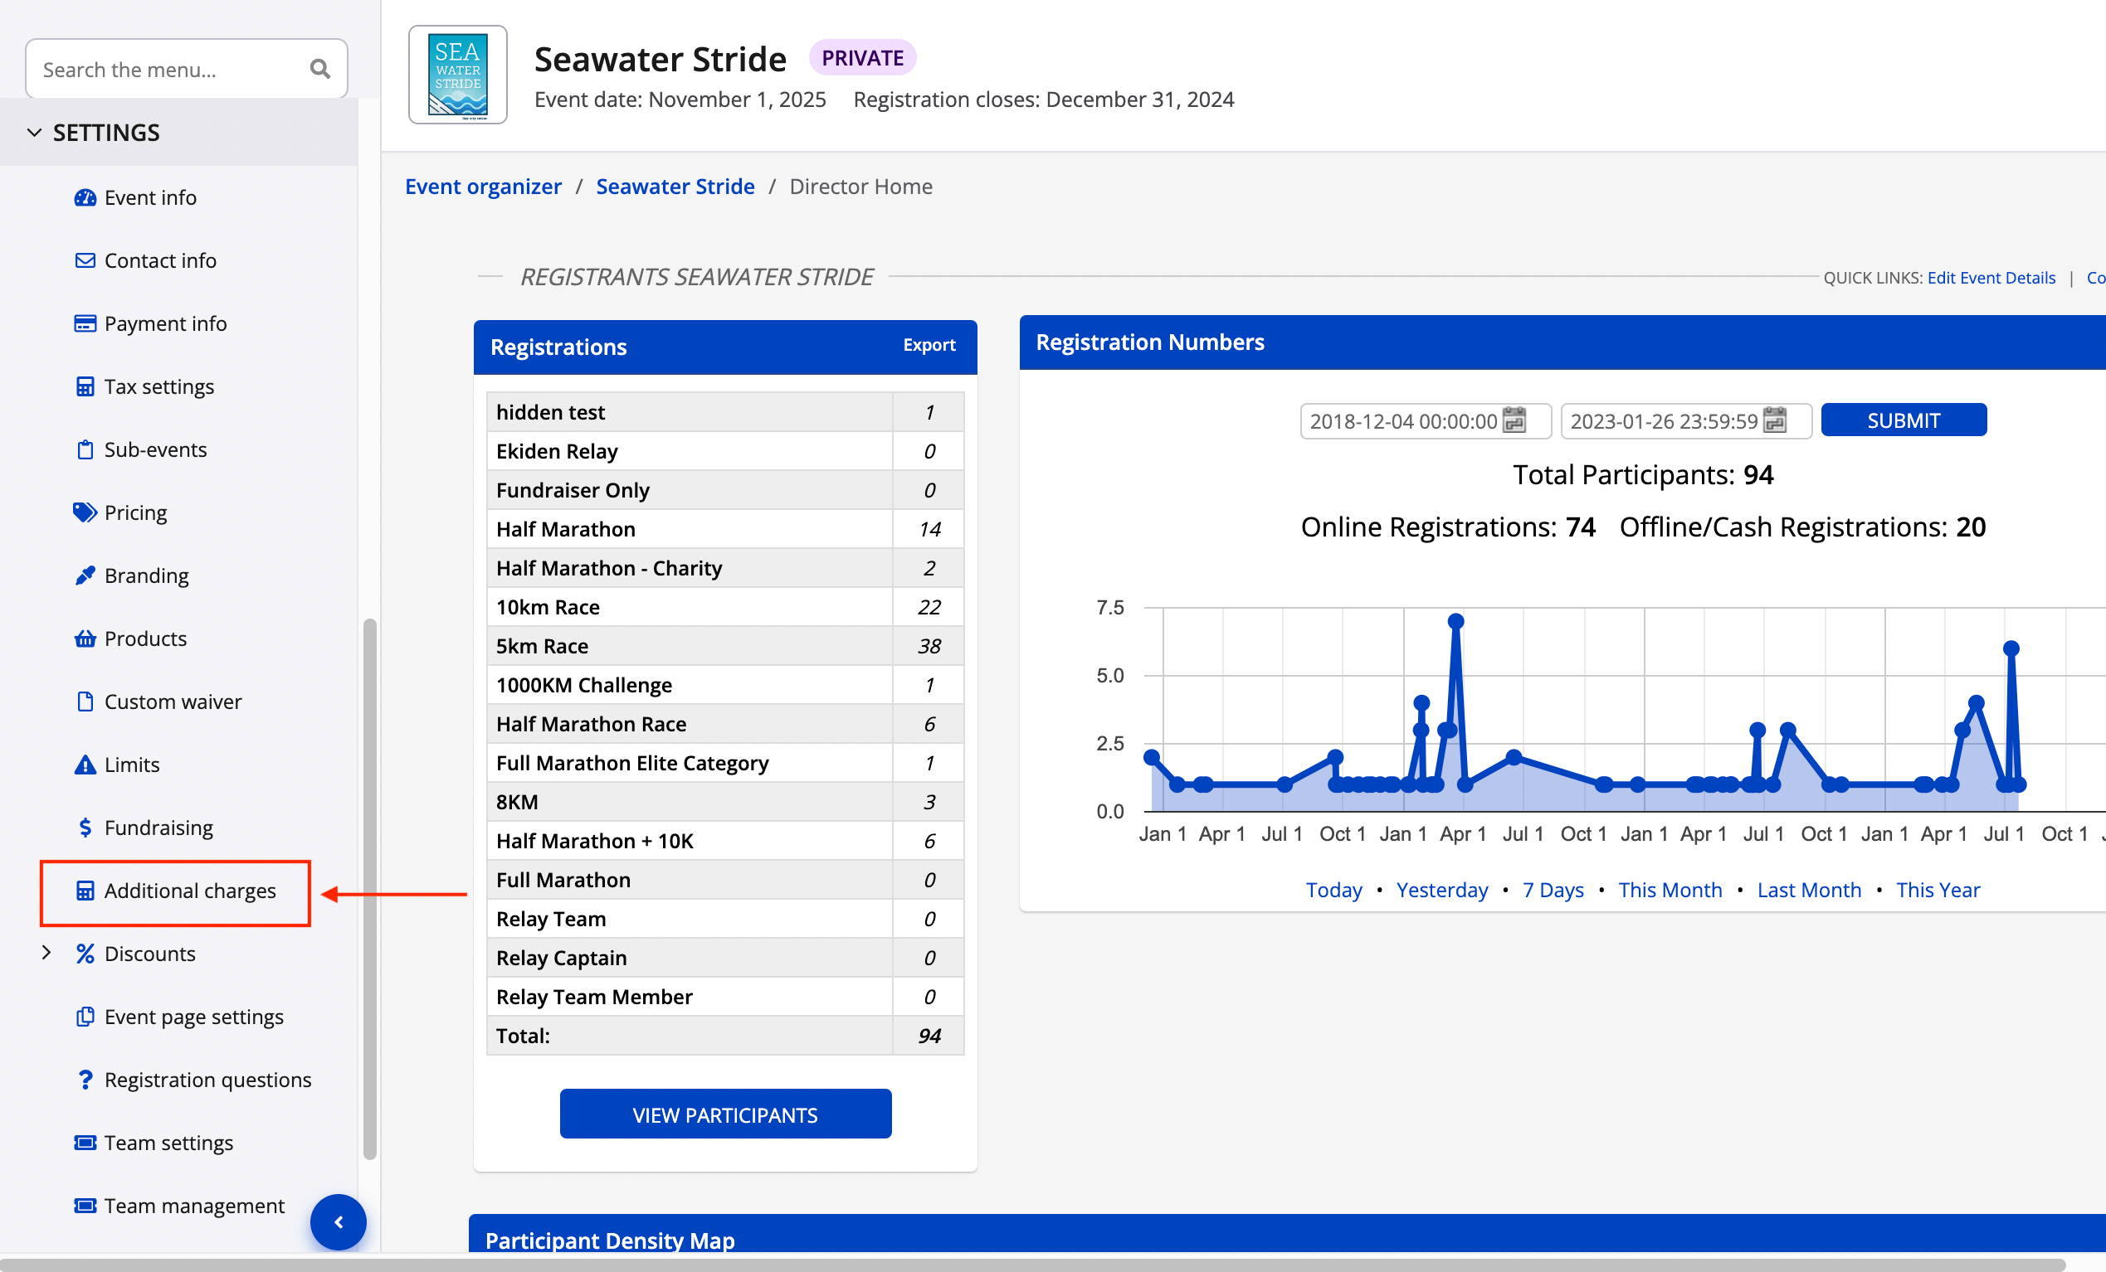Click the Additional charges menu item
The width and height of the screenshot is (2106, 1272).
tap(189, 891)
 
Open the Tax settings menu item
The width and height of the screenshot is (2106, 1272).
tap(158, 387)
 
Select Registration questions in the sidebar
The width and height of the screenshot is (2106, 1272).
tap(207, 1080)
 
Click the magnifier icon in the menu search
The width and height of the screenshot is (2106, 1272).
tap(319, 69)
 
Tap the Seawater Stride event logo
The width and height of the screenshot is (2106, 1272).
tap(457, 75)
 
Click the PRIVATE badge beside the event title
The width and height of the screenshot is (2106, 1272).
tap(861, 58)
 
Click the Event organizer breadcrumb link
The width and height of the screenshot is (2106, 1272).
tap(483, 187)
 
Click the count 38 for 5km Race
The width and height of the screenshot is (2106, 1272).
tap(929, 647)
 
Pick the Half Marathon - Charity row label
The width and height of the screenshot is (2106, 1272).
tap(608, 568)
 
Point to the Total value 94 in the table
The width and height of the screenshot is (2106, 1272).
tap(929, 1037)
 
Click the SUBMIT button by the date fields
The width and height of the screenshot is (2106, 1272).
tap(1903, 420)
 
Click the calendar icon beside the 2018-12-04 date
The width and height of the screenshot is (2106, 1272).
tap(1514, 420)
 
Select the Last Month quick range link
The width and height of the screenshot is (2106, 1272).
tap(1809, 890)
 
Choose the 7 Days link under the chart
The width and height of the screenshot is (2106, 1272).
tap(1553, 890)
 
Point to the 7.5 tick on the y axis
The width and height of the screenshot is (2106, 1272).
tap(1109, 607)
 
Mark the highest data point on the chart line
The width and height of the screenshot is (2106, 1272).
tap(1455, 621)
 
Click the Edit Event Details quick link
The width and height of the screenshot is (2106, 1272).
tap(1991, 278)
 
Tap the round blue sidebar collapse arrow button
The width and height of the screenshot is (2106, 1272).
tap(339, 1221)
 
